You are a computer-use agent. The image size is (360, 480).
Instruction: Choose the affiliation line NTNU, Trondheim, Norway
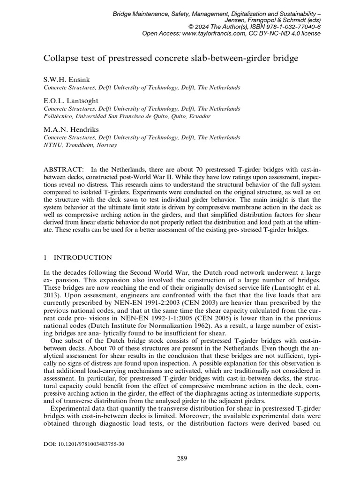[x=80, y=145]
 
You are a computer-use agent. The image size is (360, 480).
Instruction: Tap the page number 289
[x=182, y=458]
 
